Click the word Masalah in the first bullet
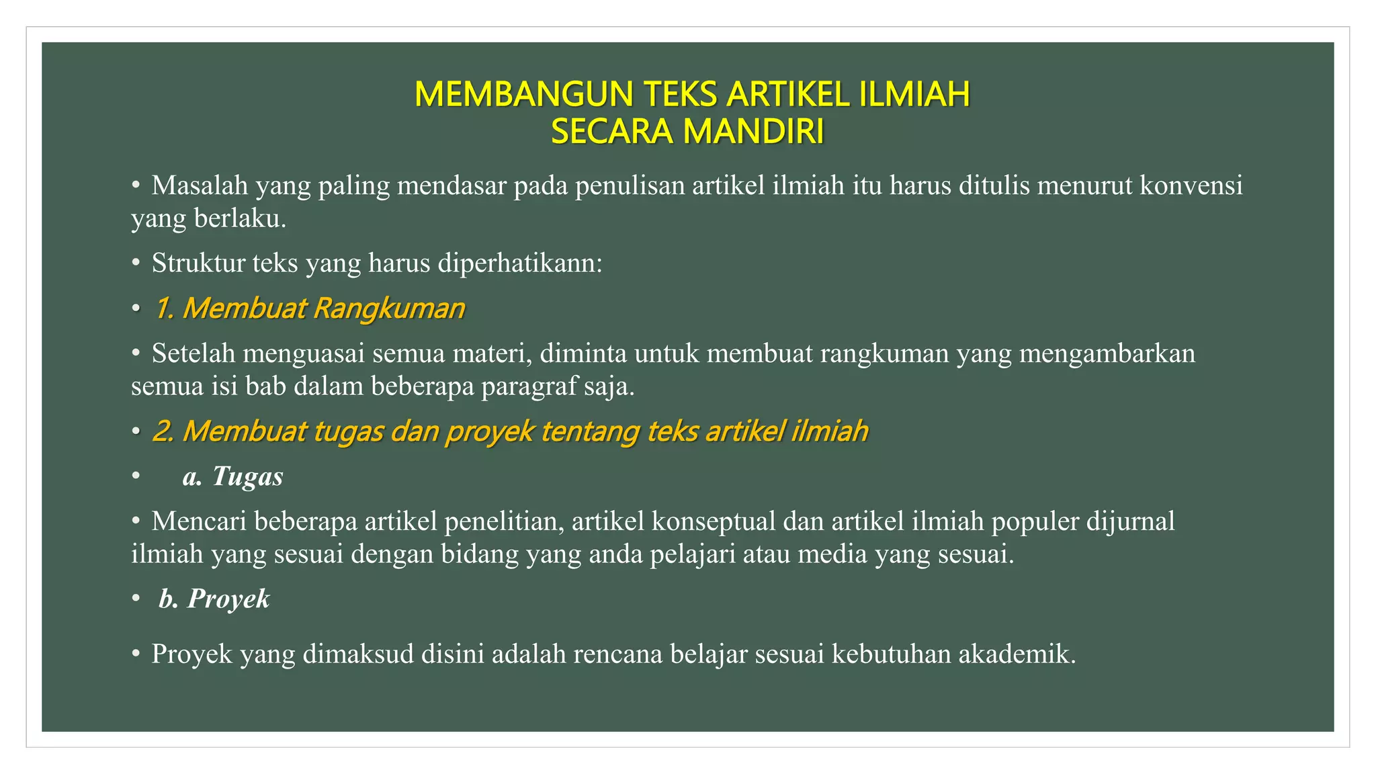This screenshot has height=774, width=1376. pos(200,185)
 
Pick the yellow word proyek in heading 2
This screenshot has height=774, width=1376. pos(490,431)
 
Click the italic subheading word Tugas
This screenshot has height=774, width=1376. pos(247,476)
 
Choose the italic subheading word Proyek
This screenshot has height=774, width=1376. pos(228,599)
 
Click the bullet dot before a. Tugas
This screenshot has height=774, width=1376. pos(136,476)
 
